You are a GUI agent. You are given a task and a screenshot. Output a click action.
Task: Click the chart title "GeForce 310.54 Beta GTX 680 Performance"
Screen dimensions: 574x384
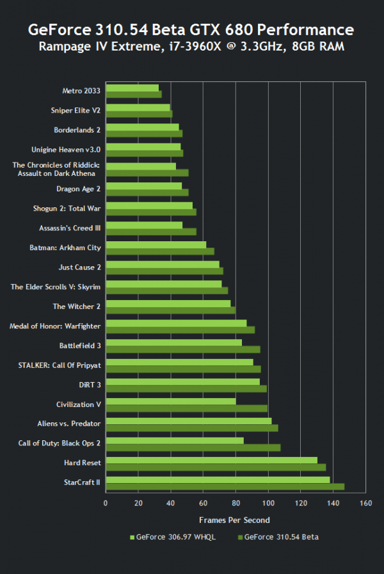point(191,29)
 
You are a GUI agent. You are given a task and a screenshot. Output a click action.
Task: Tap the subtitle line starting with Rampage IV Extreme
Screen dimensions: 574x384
point(191,46)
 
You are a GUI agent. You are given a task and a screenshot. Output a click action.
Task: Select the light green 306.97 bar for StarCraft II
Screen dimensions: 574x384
point(218,479)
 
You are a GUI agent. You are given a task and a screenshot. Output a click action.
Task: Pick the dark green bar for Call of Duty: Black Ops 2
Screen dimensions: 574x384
point(193,447)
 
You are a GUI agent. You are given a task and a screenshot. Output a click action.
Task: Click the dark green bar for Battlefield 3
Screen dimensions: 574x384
point(182,349)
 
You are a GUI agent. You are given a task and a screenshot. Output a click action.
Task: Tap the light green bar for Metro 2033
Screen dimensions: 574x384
point(132,88)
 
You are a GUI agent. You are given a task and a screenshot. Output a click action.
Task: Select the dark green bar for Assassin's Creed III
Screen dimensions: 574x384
point(150,231)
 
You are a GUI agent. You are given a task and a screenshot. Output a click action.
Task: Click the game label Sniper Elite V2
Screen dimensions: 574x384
point(76,110)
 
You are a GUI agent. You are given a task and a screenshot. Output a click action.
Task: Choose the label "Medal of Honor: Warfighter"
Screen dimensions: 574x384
point(55,326)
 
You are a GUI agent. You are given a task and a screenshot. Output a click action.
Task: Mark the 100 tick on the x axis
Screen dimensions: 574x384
point(268,503)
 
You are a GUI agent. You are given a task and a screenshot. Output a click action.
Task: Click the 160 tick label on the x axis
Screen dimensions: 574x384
point(365,503)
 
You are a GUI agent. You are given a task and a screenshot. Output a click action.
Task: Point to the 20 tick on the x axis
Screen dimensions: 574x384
point(138,503)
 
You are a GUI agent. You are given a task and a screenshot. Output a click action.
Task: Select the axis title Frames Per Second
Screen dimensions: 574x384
point(234,520)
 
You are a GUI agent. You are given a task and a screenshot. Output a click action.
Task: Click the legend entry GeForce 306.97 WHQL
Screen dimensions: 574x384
point(172,537)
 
